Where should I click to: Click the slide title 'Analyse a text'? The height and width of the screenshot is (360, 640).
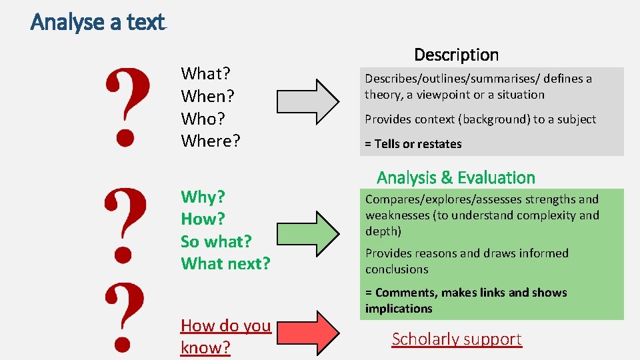click(x=97, y=22)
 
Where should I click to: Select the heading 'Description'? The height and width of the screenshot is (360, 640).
click(x=456, y=55)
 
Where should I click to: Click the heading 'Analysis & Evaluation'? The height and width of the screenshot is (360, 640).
click(x=456, y=177)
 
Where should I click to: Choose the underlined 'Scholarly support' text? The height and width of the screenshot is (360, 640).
click(x=457, y=339)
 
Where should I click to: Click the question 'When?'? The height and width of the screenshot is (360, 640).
click(x=207, y=96)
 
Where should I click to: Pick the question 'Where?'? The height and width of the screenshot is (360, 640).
click(x=211, y=141)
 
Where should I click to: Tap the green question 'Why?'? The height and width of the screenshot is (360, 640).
click(x=203, y=197)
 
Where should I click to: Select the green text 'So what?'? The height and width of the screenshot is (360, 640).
click(x=216, y=241)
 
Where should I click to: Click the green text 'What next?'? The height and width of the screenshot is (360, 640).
click(x=225, y=263)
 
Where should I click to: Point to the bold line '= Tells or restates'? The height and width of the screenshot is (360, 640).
click(x=413, y=144)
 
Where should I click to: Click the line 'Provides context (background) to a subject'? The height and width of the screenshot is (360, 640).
click(x=480, y=119)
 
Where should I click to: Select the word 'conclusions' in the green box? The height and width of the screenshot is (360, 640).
click(x=397, y=269)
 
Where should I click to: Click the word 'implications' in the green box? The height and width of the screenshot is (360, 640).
click(x=399, y=309)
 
